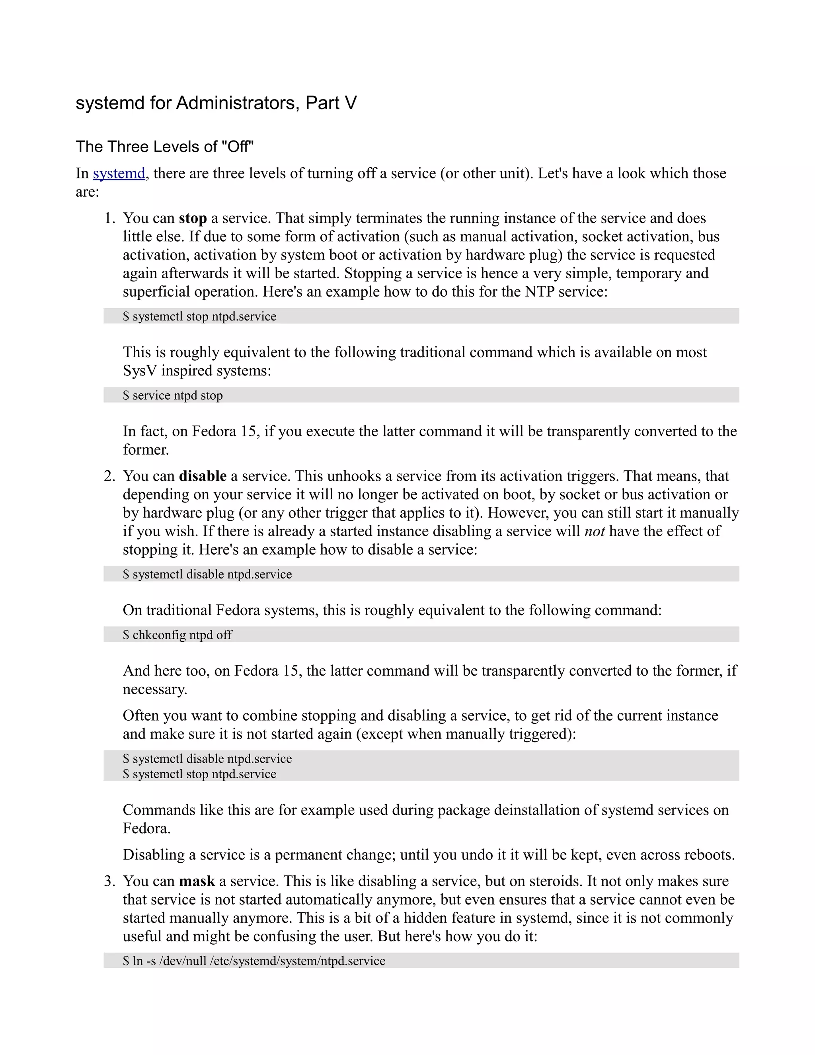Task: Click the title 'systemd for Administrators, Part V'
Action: (216, 103)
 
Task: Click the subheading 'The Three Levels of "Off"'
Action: (165, 147)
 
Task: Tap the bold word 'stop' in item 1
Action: (193, 218)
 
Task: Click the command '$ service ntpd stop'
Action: (173, 395)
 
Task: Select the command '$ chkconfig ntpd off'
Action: (177, 634)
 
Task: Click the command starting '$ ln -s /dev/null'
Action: (254, 960)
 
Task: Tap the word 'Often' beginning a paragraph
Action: (140, 715)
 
